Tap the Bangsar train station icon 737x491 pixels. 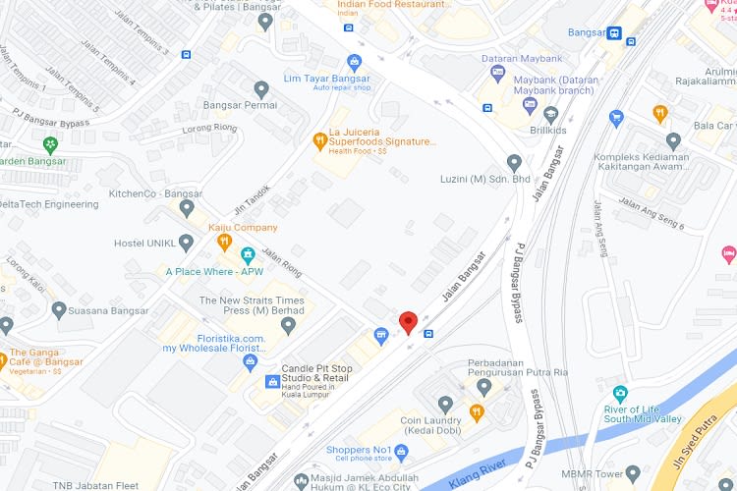click(614, 32)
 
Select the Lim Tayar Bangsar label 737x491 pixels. click(327, 79)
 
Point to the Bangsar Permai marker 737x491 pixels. click(260, 89)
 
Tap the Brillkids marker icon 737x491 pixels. click(551, 115)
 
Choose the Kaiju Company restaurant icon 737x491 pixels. click(224, 242)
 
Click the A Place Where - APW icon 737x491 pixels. click(248, 255)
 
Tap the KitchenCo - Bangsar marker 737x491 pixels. click(187, 207)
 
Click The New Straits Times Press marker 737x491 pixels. click(287, 325)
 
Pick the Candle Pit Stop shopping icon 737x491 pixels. click(272, 381)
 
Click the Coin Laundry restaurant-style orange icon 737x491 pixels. click(478, 412)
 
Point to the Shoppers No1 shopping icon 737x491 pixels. click(400, 451)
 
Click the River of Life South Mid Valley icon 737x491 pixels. click(619, 394)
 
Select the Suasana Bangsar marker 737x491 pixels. click(59, 310)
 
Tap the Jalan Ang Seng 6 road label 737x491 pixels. click(651, 214)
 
